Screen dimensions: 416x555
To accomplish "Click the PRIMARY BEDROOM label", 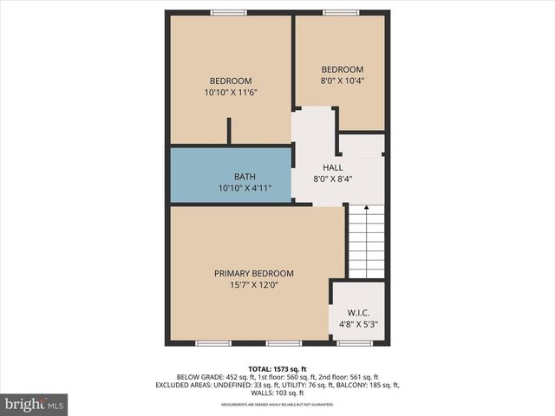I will point(254,272).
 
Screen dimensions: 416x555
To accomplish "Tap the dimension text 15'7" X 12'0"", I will point(254,283).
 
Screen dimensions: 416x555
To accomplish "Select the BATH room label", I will point(232,177).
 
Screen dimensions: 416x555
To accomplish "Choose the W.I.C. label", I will point(358,314).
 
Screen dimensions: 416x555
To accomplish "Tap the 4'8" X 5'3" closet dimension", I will point(358,326).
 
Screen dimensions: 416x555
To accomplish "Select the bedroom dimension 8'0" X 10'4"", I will point(343,81).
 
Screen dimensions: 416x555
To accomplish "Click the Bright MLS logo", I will point(35,404).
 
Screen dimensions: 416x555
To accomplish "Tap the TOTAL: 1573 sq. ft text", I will point(277,367).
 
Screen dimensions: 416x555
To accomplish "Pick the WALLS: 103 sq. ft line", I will point(277,393).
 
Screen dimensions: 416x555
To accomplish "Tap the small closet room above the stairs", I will point(361,144).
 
